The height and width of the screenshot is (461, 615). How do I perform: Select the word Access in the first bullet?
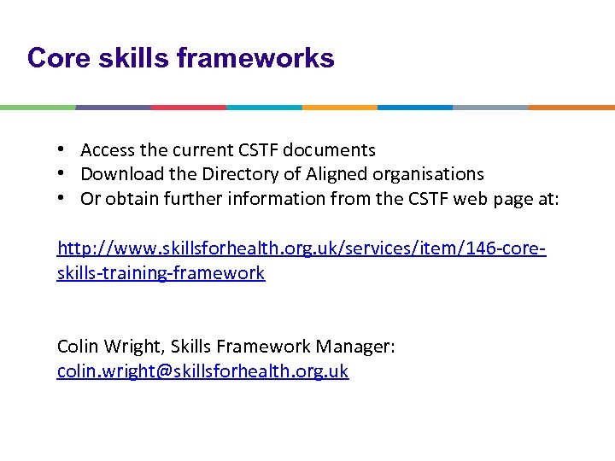(x=108, y=150)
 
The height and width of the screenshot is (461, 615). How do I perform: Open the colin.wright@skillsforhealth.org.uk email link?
(x=202, y=371)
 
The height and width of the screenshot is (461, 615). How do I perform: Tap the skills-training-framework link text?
(x=161, y=273)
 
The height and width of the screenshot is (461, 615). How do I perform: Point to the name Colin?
(x=79, y=347)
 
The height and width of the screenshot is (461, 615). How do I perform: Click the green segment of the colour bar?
(x=38, y=108)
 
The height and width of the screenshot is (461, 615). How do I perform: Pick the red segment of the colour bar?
(x=189, y=108)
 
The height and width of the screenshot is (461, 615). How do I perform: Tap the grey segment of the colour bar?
(x=490, y=108)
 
